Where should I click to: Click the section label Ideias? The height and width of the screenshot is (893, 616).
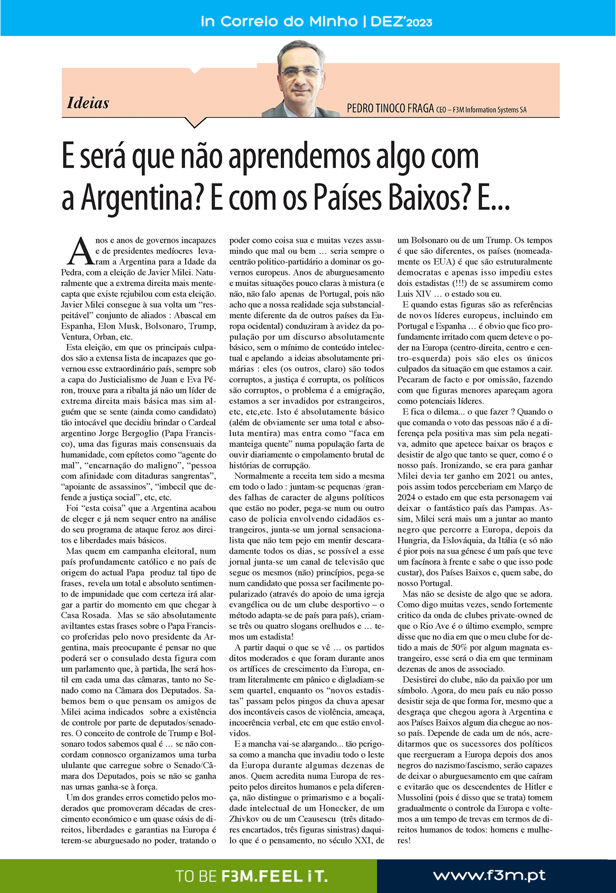point(88,103)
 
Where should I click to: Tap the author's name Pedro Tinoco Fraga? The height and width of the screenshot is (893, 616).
point(390,109)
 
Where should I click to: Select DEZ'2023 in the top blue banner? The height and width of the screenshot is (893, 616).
point(401,22)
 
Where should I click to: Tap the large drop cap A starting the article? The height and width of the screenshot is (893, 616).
point(80,252)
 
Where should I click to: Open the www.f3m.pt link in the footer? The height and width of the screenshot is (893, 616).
point(489,876)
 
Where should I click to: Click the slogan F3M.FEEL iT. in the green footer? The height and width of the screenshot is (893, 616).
point(274,877)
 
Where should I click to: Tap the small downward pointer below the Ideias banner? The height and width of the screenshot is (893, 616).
point(195,123)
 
